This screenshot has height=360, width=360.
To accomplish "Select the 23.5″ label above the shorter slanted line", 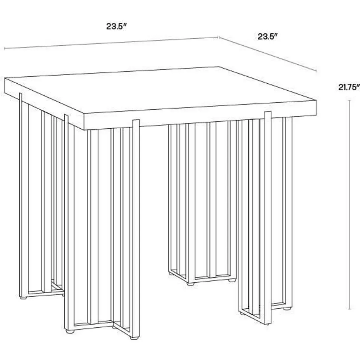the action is coord(268,36).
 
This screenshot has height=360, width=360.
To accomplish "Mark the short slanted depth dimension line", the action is coord(268,54).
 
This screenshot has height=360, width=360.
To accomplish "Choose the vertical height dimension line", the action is coord(350,205).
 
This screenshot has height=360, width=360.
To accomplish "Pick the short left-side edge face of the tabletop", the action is coord(44,104).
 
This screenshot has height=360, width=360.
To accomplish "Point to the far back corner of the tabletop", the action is coord(219,67).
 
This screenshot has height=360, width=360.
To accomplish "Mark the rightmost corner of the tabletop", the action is coord(317,100).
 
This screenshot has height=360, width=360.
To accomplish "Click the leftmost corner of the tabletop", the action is coord(5,78).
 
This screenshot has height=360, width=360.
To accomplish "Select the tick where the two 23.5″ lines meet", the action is coord(218,37).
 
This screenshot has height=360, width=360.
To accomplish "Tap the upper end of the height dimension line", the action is coord(350,100).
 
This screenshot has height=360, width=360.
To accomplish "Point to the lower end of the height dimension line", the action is coord(350,309).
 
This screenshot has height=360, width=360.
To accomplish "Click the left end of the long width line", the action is coord(5,49).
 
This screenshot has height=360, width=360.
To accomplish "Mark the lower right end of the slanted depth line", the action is coord(317,71).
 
